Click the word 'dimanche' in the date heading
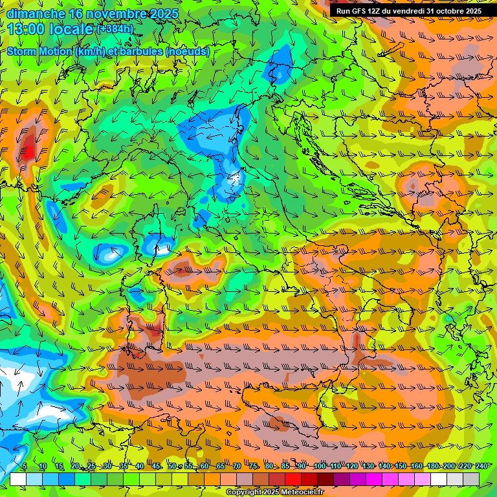click(x=32, y=14)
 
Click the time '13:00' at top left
click(x=26, y=29)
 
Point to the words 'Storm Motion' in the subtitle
click(x=39, y=52)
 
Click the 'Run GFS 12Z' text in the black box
click(x=359, y=11)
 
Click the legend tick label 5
click(x=24, y=466)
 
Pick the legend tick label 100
click(x=320, y=466)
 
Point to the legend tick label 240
click(x=481, y=466)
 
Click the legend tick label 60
click(x=204, y=466)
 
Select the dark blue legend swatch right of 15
click(x=67, y=479)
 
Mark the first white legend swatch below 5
click(x=18, y=479)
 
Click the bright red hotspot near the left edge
click(x=27, y=151)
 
